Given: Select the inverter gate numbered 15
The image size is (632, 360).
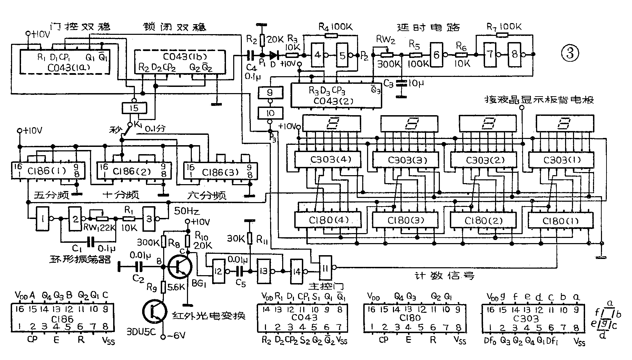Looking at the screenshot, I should click(135, 108).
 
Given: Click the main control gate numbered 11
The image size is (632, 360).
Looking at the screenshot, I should click(325, 267).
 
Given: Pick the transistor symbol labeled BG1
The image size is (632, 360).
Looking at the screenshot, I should click(180, 267).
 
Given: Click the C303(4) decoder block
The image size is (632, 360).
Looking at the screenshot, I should click(327, 160).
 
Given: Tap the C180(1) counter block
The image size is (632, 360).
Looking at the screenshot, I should click(561, 220).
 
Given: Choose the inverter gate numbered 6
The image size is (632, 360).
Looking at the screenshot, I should click(436, 54).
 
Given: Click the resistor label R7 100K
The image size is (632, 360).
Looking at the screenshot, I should click(504, 27).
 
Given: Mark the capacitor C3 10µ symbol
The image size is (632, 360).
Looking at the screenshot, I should click(401, 83).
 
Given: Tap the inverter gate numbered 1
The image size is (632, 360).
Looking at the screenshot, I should click(43, 218).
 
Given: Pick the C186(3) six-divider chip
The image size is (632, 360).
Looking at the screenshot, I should click(220, 171).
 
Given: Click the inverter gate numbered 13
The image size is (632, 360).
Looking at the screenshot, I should click(264, 271).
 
